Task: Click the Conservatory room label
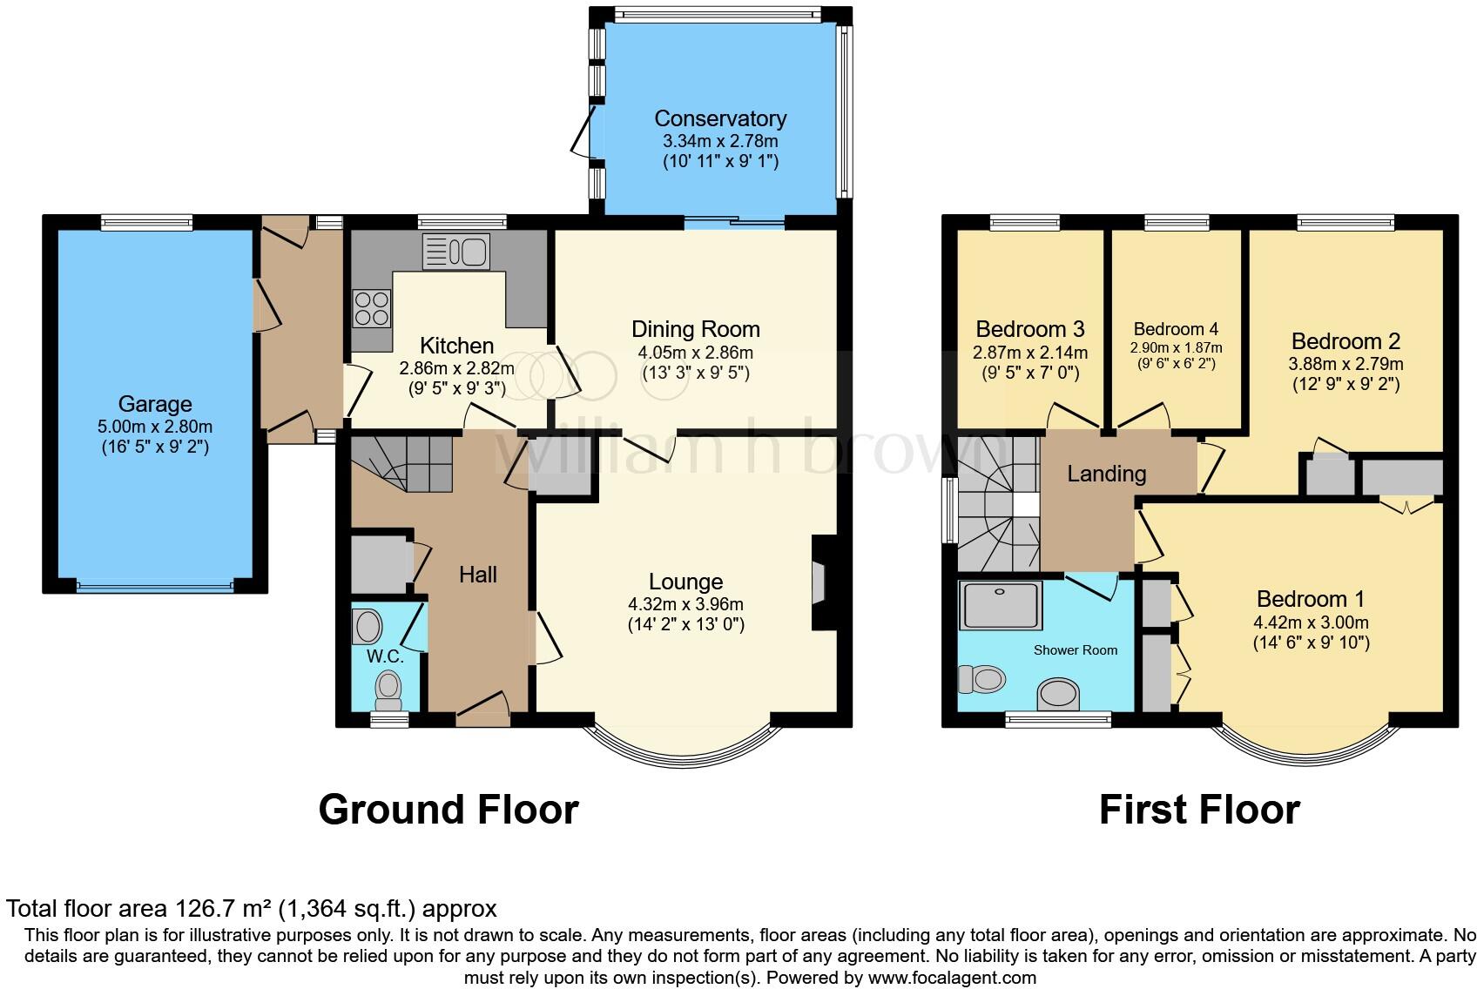[x=720, y=118]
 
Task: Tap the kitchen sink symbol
[x=455, y=252]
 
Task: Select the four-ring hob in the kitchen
[x=371, y=308]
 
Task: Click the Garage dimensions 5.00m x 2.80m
[x=155, y=427]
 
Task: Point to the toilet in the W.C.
[x=388, y=690]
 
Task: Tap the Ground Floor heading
[x=448, y=810]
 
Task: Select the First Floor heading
[x=1199, y=810]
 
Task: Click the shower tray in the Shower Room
[x=1001, y=605]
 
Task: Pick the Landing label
[x=1107, y=474]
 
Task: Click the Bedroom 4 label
[x=1176, y=329]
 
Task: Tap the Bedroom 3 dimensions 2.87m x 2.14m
[x=1030, y=353]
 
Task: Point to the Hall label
[x=478, y=575]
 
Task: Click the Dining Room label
[x=696, y=329]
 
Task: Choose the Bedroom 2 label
[x=1345, y=341]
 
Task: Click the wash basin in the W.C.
[x=368, y=626]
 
